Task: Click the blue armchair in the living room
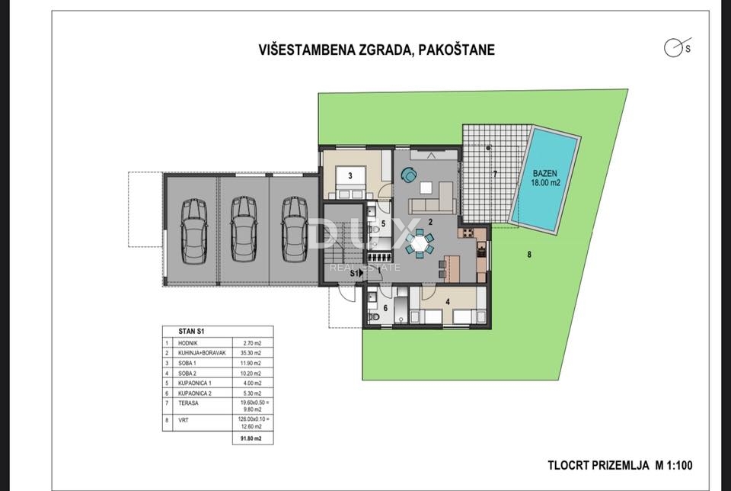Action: tap(410, 175)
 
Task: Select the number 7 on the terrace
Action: tap(494, 174)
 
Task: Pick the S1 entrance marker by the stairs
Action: tap(355, 294)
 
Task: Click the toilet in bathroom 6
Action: tap(373, 316)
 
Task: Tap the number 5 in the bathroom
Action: tap(384, 223)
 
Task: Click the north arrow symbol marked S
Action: tap(674, 48)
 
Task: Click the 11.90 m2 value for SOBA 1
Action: tap(251, 364)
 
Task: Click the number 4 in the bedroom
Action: tap(448, 301)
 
